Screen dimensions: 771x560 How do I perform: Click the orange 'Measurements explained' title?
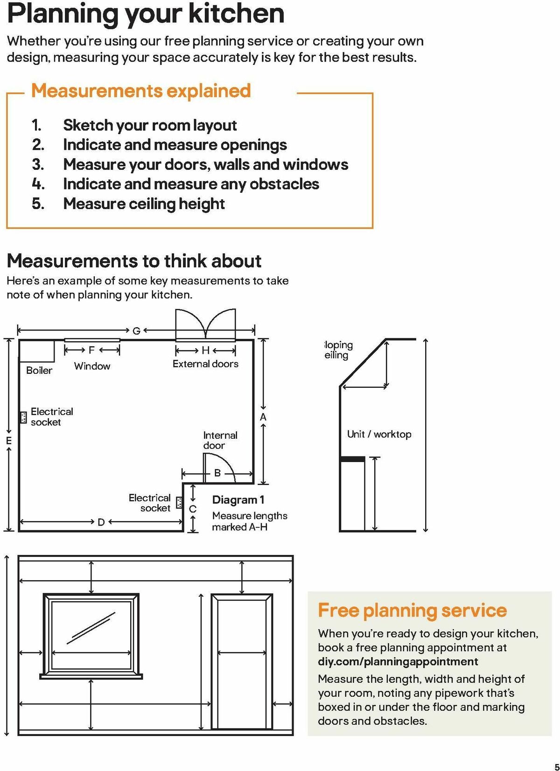tap(141, 91)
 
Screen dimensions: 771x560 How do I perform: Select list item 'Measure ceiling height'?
tap(144, 203)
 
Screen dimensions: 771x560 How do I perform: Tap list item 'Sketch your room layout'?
tap(150, 125)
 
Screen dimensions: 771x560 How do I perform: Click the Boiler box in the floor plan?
tap(36, 351)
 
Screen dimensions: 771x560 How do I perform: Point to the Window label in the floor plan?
tap(92, 366)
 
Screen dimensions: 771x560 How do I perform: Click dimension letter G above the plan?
tap(136, 331)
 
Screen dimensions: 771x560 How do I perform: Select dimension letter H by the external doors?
tap(205, 350)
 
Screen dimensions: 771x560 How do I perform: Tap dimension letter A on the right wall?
tap(263, 417)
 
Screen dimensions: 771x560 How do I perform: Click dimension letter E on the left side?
tap(8, 441)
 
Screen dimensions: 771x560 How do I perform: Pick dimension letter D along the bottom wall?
tap(101, 522)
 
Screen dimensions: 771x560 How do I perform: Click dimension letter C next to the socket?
tap(193, 509)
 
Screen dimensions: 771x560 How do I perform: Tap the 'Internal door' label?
tap(220, 440)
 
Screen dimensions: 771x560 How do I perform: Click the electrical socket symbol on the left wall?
tap(23, 417)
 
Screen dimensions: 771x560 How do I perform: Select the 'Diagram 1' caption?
tap(238, 500)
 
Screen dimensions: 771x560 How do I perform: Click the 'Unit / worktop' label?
tap(379, 434)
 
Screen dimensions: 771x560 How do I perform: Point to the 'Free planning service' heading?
tap(412, 610)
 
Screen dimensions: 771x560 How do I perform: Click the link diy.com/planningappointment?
tap(398, 662)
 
